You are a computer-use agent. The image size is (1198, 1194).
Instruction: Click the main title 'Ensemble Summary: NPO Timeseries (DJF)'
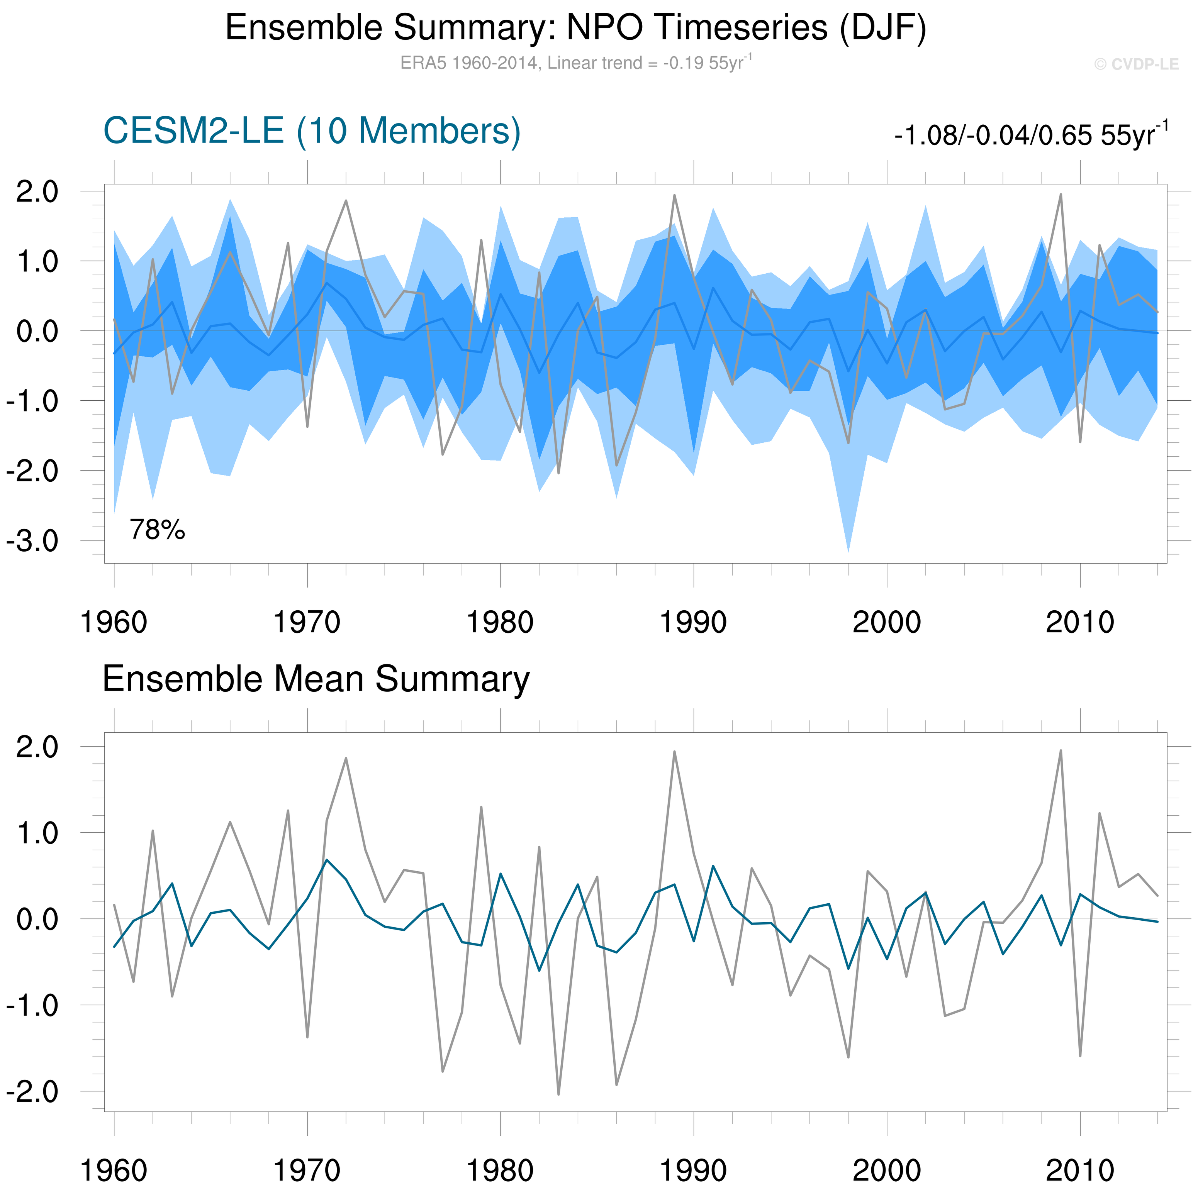tap(575, 28)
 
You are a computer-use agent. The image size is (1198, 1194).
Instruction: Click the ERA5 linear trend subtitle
tap(575, 63)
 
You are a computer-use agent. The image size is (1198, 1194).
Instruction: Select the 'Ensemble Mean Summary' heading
tap(316, 679)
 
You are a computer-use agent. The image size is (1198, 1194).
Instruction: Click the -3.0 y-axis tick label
tap(32, 540)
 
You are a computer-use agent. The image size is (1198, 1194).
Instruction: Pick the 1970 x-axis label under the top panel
tap(307, 622)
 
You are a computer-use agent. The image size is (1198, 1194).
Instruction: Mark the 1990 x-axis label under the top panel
tap(692, 622)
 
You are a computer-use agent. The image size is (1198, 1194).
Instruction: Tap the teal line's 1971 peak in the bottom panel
tap(327, 860)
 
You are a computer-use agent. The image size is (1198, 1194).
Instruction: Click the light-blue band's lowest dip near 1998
tap(848, 550)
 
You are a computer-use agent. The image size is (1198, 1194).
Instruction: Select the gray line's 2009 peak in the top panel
tap(1061, 195)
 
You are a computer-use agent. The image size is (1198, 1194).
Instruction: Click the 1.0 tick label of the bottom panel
tap(37, 833)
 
